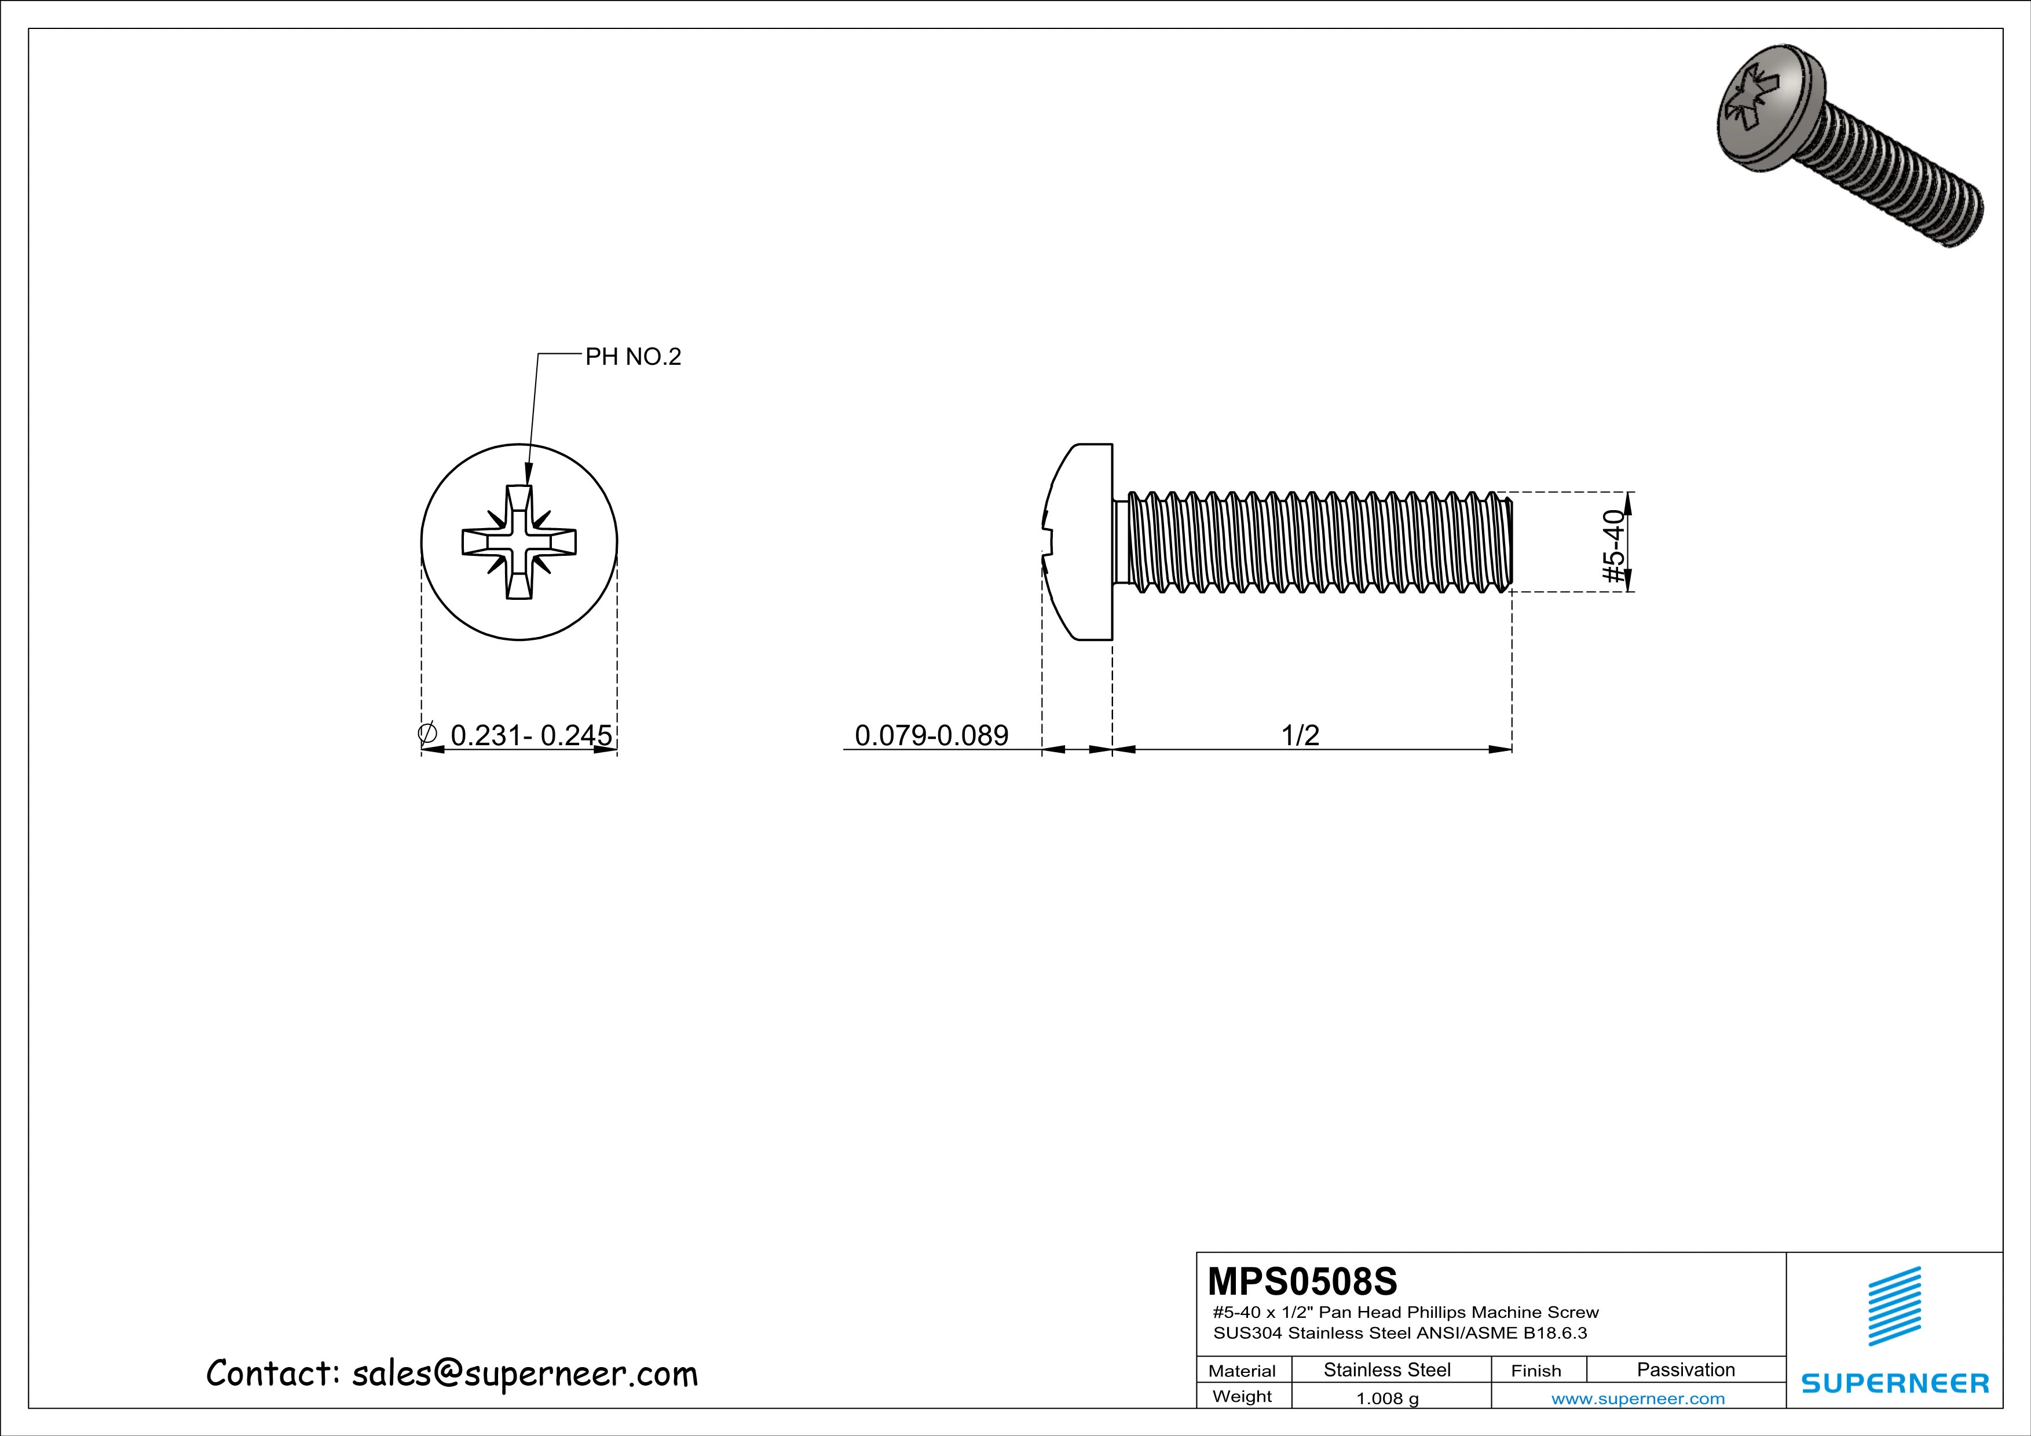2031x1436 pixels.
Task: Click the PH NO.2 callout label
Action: (x=634, y=357)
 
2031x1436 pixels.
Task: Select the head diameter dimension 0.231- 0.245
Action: (x=530, y=735)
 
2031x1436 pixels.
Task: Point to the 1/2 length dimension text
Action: (x=1300, y=735)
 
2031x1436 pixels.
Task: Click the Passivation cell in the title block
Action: (x=1686, y=1369)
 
